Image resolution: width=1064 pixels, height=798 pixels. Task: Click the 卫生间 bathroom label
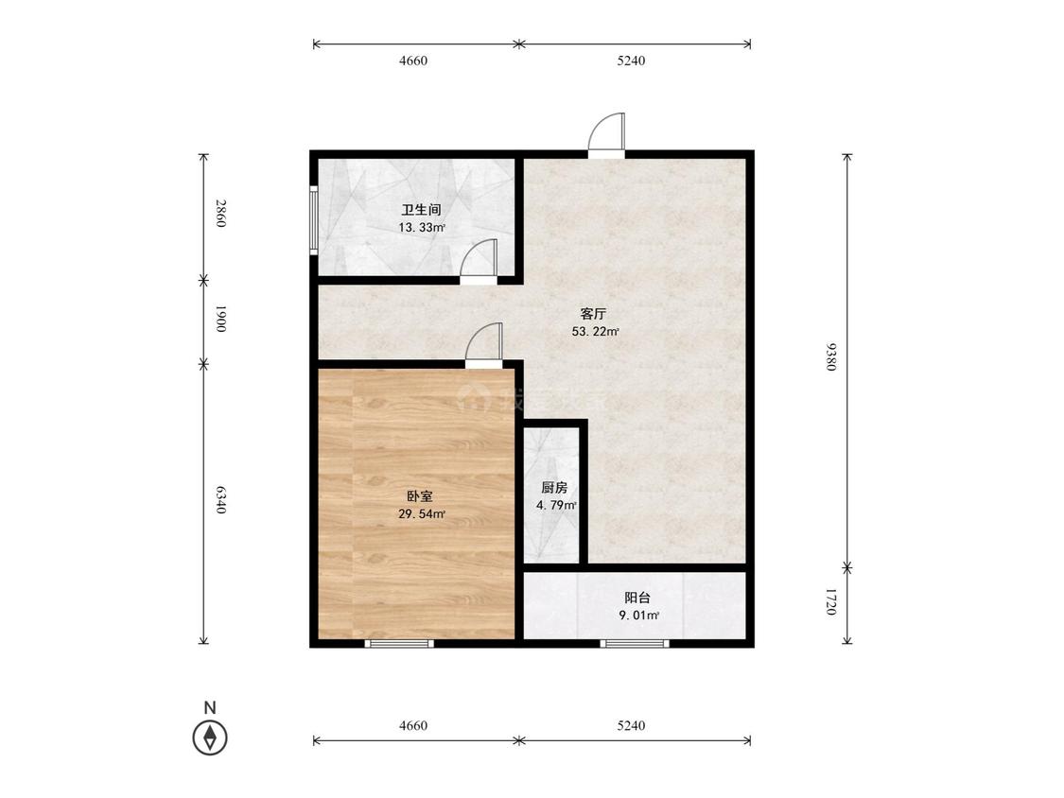coord(422,210)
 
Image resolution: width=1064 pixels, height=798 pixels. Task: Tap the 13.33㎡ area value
coord(422,227)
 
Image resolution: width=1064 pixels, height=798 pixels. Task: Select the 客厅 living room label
coord(593,314)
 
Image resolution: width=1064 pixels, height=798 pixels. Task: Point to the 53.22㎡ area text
coord(596,332)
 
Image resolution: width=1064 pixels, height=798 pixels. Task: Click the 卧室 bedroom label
coord(419,496)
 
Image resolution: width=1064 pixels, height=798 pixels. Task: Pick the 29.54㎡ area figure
coord(422,514)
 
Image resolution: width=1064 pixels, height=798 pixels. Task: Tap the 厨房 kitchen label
coord(554,487)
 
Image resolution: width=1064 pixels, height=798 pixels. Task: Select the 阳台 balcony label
coord(637,598)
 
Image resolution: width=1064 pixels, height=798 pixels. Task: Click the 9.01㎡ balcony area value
coord(638,616)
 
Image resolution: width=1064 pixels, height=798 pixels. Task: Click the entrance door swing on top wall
coord(606,133)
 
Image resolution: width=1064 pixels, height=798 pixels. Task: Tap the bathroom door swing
coord(479,258)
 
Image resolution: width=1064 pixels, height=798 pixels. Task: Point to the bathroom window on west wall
coord(313,220)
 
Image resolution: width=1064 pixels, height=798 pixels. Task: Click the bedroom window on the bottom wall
coord(399,643)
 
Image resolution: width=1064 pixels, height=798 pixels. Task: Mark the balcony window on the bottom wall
coord(636,643)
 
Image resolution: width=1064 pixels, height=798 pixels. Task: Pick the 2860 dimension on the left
coord(219,213)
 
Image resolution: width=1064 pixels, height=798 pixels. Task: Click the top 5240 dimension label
coord(631,61)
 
